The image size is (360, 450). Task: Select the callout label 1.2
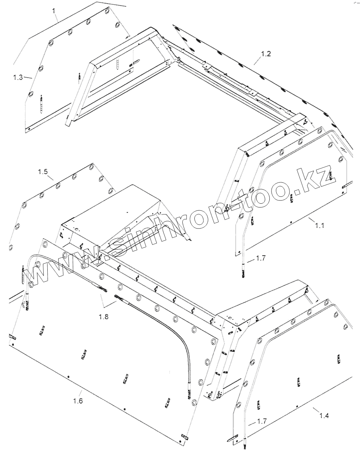tap(266, 54)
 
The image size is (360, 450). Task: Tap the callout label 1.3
tap(18, 77)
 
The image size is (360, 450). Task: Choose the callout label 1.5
tap(43, 171)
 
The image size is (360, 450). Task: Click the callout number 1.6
tap(78, 401)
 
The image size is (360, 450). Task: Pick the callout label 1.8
tap(103, 316)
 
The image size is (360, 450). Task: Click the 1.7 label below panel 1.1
tap(261, 258)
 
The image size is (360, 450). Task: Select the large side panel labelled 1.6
tap(109, 349)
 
